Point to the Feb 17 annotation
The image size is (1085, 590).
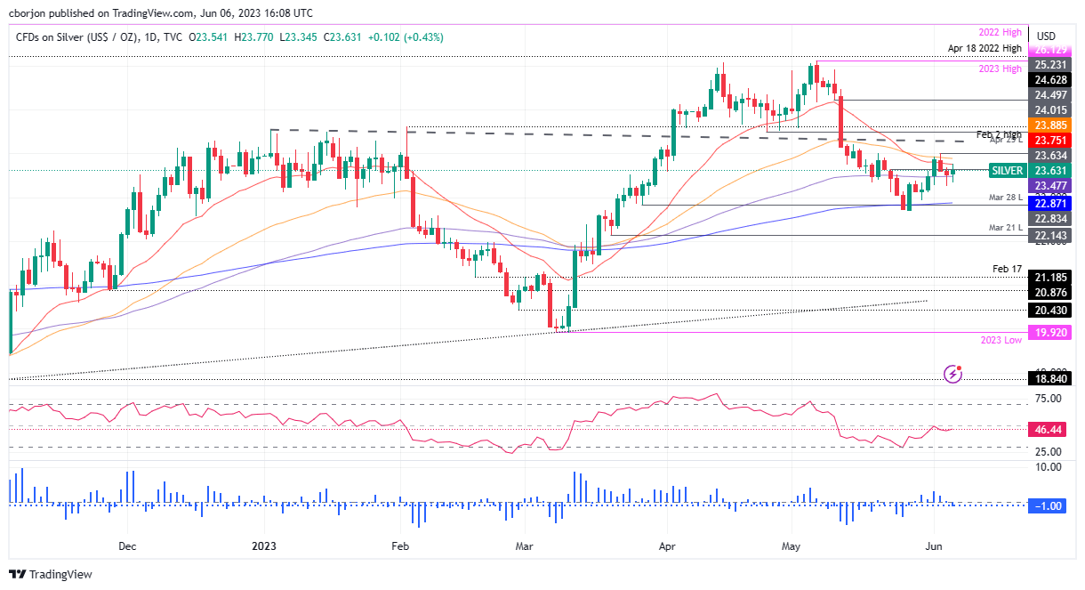[x=1008, y=268]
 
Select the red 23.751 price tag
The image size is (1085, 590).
[x=1049, y=140]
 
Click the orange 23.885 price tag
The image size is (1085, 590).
[x=1049, y=125]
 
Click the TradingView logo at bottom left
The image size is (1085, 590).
[x=51, y=574]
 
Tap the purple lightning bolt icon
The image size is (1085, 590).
[x=953, y=373]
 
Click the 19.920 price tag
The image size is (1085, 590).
[x=1049, y=332]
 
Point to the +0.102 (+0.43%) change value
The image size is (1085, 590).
[x=399, y=37]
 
